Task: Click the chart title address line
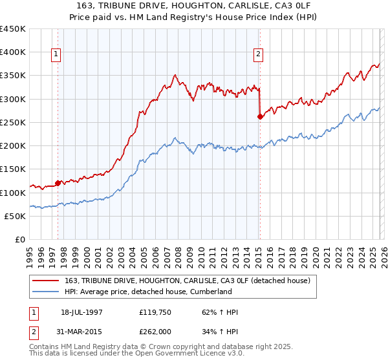[x=194, y=6]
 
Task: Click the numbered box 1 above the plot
[x=57, y=55]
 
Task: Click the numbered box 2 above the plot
[x=258, y=55]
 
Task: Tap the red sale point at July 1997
[x=58, y=183]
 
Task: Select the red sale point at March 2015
[x=260, y=116]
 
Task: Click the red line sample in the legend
[x=47, y=281]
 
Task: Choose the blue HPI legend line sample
[x=47, y=292]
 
